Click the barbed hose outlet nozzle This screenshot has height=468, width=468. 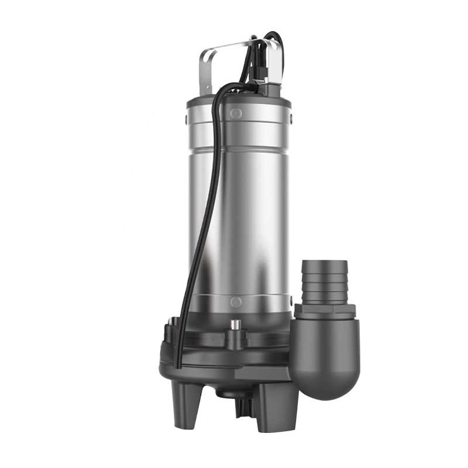tap(325, 281)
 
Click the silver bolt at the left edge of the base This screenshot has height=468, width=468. tap(172, 322)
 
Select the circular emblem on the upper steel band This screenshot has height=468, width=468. tap(236, 113)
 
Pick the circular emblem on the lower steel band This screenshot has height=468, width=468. tap(236, 302)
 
